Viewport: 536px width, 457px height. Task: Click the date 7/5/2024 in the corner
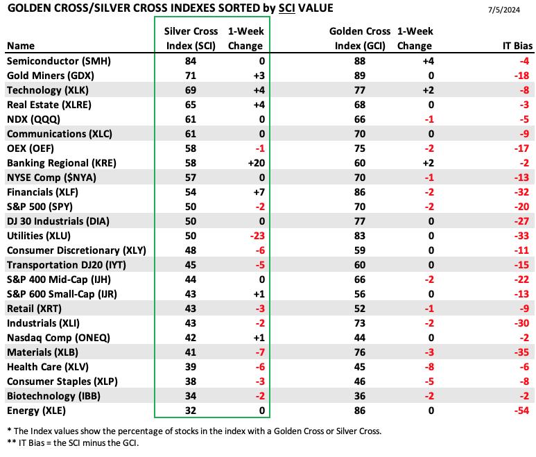[504, 10]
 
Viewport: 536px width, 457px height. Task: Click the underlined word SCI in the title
[287, 8]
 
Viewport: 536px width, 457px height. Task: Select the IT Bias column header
[517, 46]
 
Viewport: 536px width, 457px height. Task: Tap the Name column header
[21, 46]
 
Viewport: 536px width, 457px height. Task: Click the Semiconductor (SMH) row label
[59, 61]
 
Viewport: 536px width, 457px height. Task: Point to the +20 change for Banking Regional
[257, 163]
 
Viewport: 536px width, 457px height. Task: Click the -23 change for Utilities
[257, 236]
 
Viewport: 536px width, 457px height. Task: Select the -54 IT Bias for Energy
[521, 411]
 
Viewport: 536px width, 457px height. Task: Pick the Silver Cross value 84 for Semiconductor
[191, 61]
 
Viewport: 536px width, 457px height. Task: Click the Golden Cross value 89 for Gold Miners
[360, 76]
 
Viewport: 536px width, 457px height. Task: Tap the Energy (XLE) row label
[36, 411]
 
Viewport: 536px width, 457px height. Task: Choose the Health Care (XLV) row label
[48, 367]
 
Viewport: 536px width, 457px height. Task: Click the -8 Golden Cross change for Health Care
[429, 367]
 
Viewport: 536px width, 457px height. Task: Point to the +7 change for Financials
[259, 192]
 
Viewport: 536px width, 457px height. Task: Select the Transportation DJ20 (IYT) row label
[67, 265]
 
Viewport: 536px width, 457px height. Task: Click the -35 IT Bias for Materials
[521, 352]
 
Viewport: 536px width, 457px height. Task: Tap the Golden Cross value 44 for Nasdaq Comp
[360, 338]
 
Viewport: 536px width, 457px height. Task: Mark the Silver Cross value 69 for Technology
[191, 90]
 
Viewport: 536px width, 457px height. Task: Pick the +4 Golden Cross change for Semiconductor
[429, 61]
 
